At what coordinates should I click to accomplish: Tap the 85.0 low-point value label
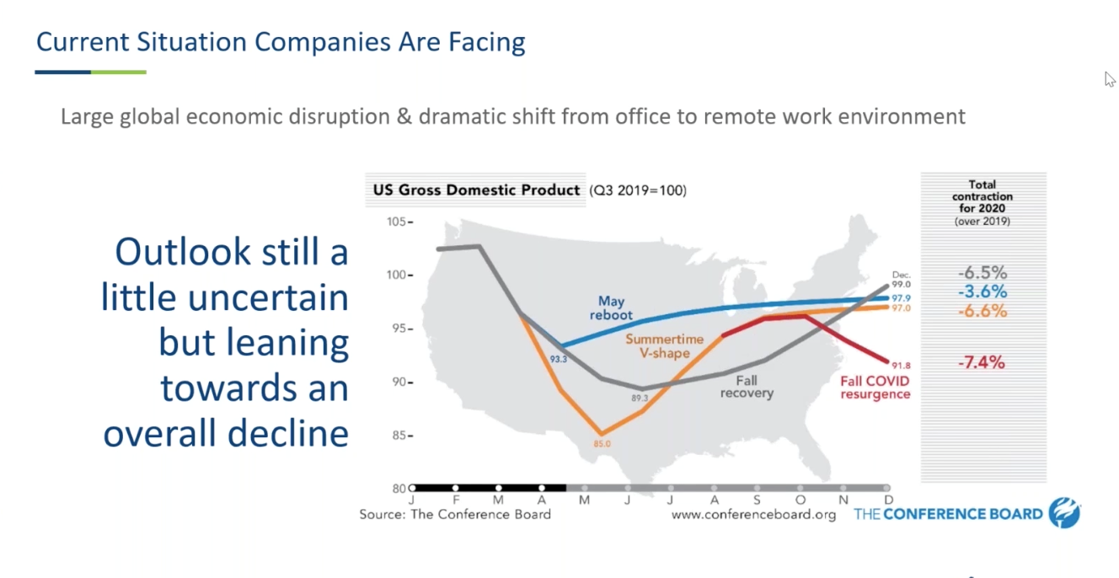602,443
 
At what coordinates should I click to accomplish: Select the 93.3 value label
559,359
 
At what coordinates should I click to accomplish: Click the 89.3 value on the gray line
640,397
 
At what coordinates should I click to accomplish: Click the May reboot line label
611,308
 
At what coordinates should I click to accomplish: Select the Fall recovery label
747,387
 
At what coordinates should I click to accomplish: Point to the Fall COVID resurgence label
875,388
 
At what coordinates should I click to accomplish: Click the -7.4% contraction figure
982,363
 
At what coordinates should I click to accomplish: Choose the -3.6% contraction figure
982,292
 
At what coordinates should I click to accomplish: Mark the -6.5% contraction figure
982,273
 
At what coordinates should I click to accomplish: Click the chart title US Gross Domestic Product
477,190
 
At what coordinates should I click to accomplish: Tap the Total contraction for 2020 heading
982,196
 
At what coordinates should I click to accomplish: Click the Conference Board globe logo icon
1064,513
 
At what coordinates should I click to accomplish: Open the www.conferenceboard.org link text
753,515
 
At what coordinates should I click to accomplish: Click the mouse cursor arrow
1110,79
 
